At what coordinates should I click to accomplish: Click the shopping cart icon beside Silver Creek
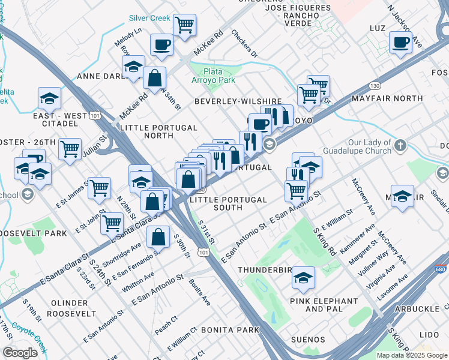184,25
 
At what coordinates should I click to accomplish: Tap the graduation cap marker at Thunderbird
304,278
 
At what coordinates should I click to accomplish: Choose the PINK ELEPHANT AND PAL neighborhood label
324,305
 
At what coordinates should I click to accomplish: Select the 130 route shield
375,86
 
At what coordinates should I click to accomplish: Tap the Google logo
20,353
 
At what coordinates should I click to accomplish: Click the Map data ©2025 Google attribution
412,355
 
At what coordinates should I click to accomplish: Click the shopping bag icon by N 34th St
154,77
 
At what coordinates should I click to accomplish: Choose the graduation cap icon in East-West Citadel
50,98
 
